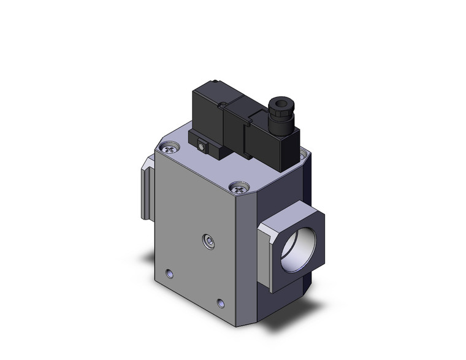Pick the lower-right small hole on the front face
(221, 301)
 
